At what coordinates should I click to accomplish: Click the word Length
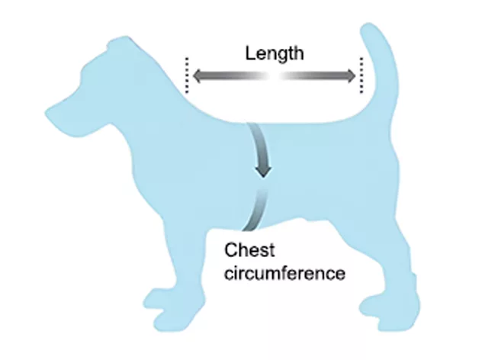coord(275,54)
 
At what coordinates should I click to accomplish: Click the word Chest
coord(249,250)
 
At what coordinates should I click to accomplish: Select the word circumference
coord(284,273)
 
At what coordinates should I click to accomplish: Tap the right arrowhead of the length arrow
coord(351,76)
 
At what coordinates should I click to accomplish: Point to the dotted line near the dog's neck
coord(187,76)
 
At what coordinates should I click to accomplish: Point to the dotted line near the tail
coord(361,76)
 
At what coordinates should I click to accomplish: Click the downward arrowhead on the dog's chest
coord(263,172)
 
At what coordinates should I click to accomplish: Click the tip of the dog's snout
coord(47,112)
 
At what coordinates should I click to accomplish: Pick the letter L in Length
coord(250,53)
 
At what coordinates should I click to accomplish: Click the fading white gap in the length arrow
coord(275,76)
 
